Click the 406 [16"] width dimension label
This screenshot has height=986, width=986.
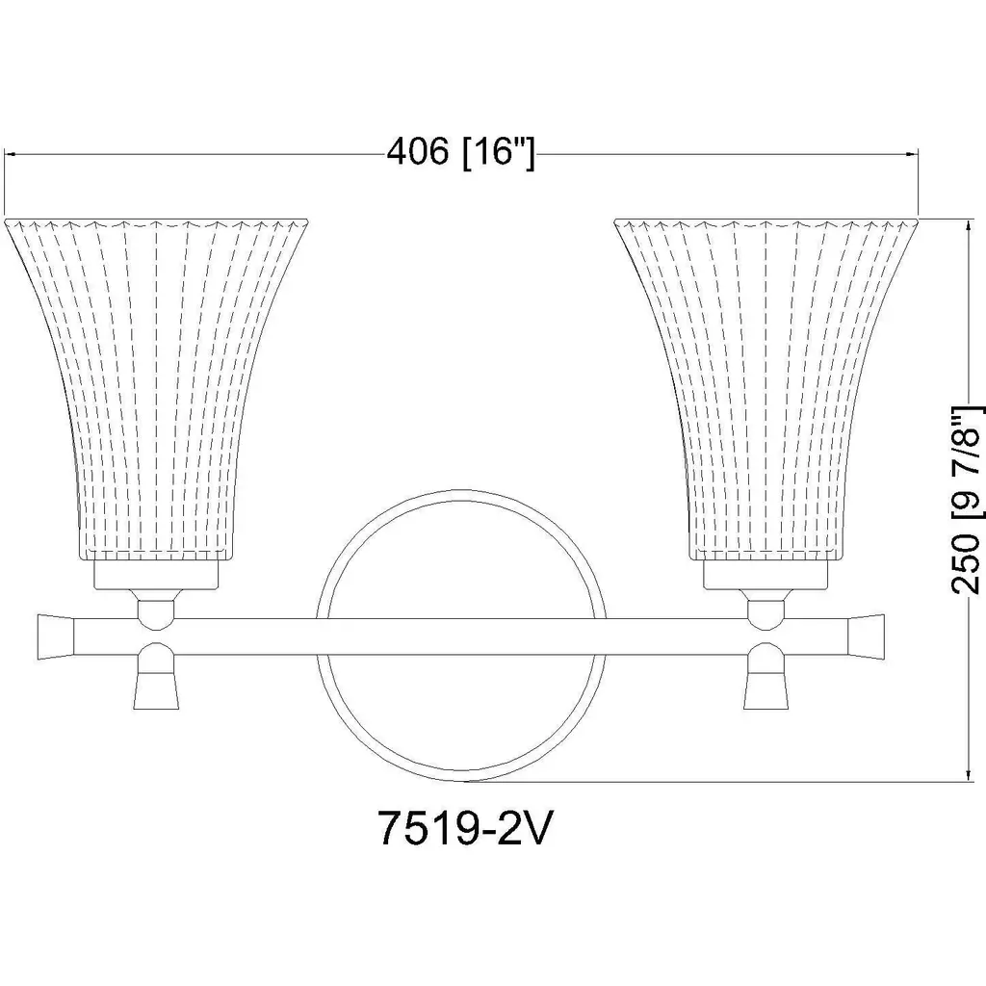click(x=461, y=153)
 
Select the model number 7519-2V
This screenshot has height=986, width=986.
click(x=464, y=829)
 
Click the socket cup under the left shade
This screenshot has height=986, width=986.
click(x=156, y=575)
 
